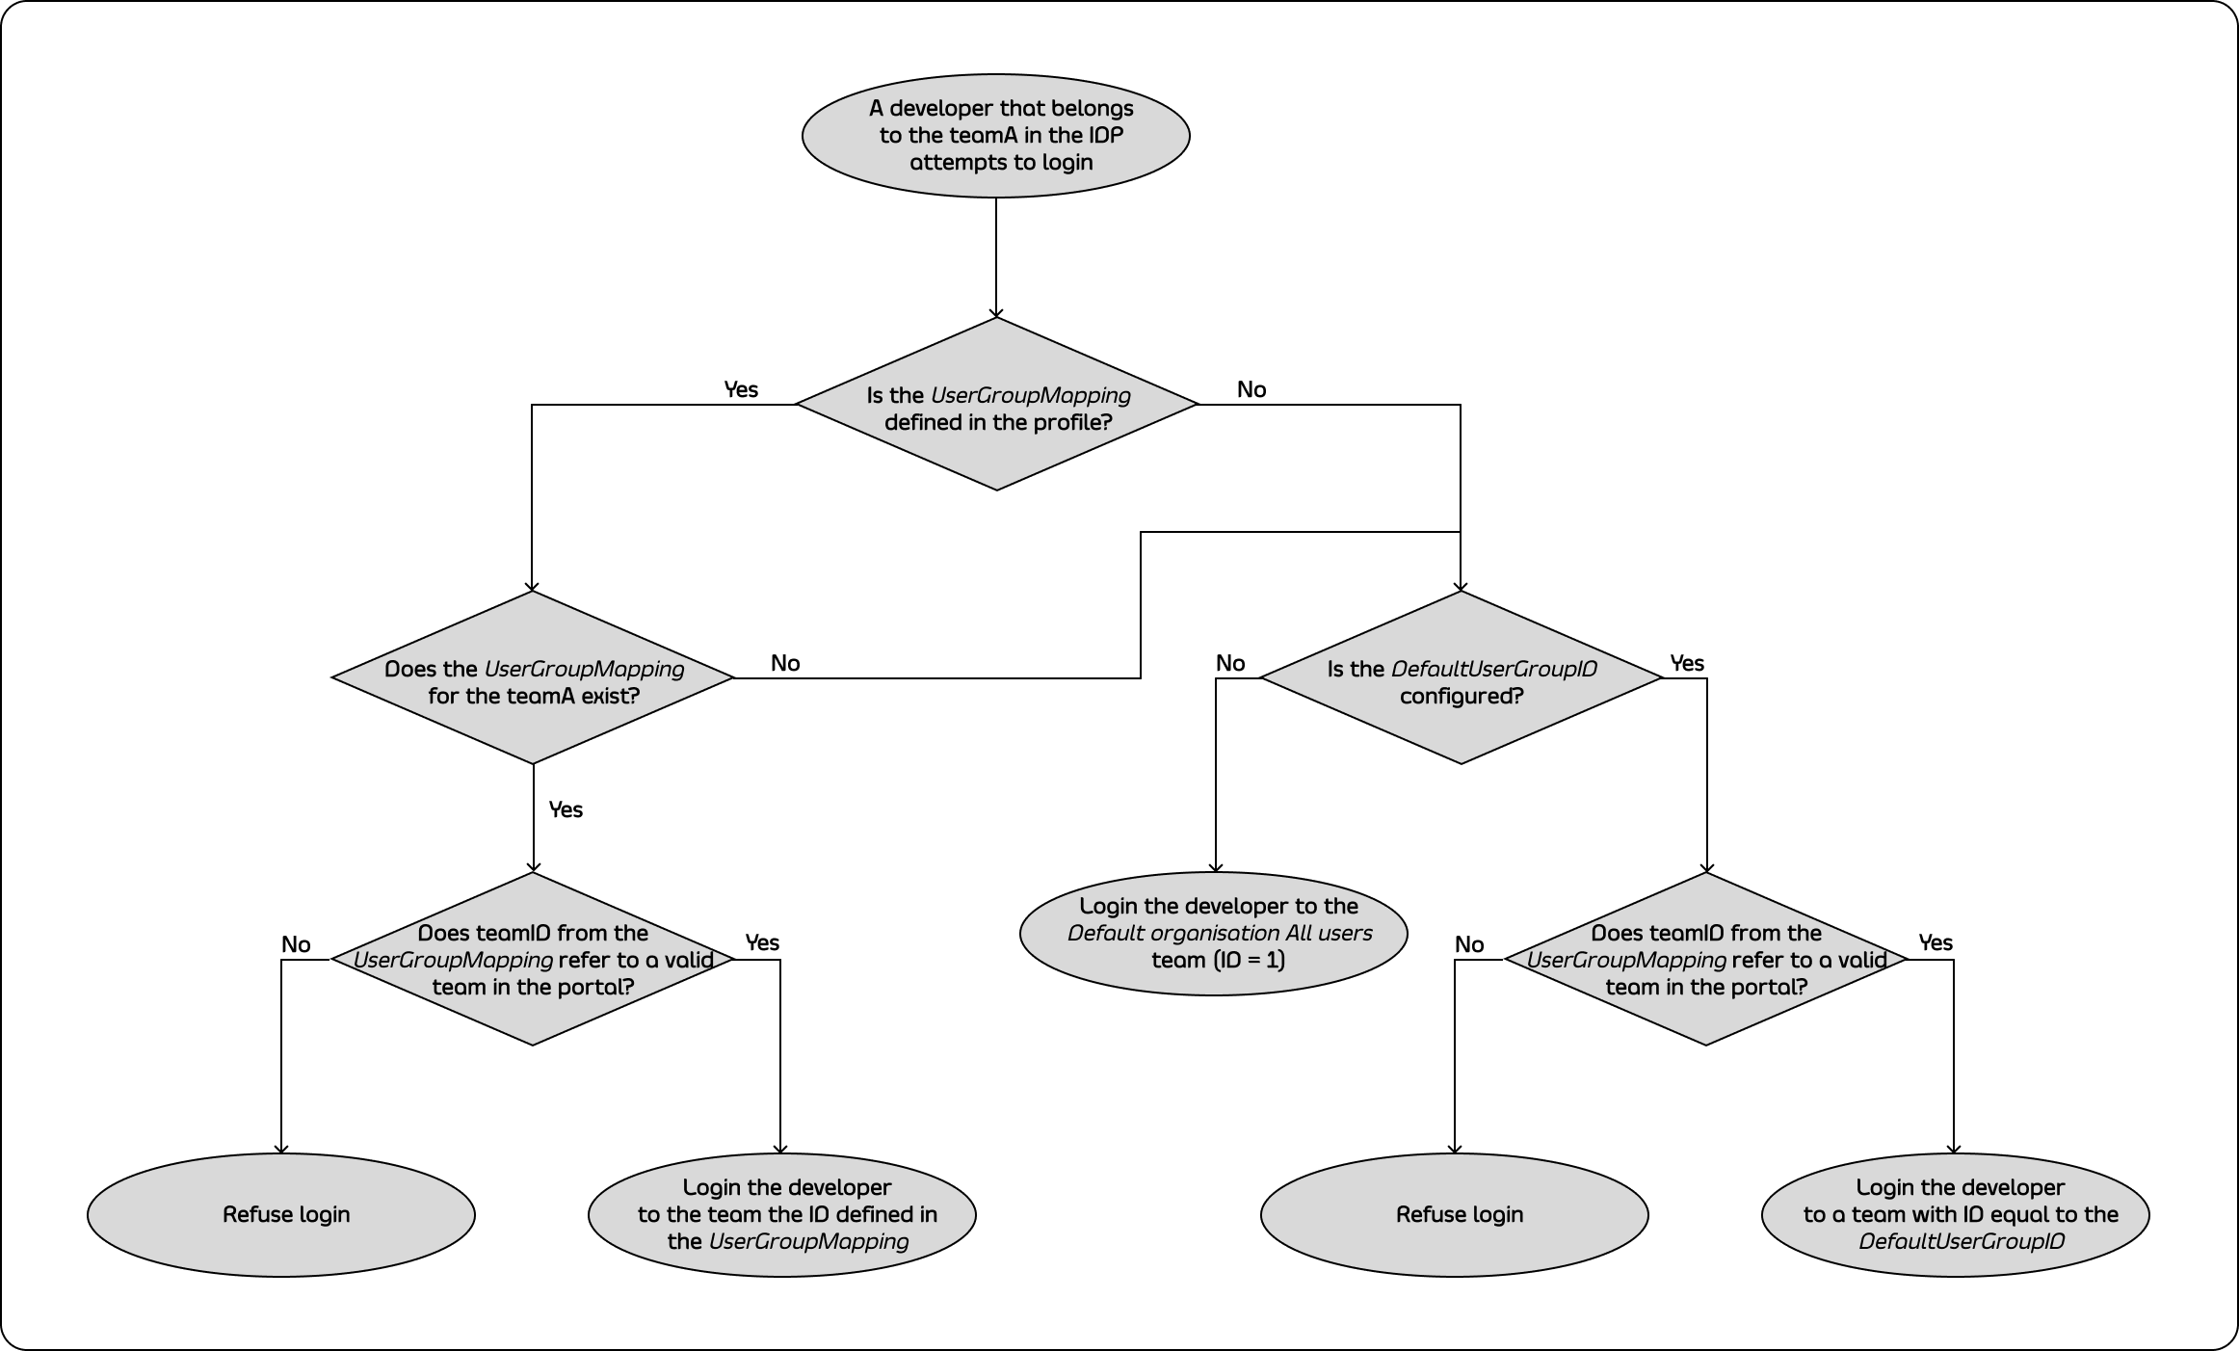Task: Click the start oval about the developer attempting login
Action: [x=996, y=136]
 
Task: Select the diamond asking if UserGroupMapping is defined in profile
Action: [x=997, y=405]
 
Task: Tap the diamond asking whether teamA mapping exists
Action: [x=533, y=677]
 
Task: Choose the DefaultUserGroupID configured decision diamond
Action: [x=1462, y=677]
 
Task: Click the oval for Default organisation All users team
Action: [x=1214, y=933]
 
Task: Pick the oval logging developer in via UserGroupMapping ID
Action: [x=782, y=1214]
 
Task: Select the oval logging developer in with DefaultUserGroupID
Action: [x=1956, y=1214]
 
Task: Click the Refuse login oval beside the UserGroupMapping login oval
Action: [x=281, y=1214]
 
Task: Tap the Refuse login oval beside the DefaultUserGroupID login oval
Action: [x=1455, y=1214]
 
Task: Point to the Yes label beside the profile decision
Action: [x=741, y=389]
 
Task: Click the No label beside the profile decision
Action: [x=1251, y=389]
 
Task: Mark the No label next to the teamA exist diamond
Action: [x=785, y=663]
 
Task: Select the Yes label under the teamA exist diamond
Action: [x=566, y=809]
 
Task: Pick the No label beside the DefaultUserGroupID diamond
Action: [x=1230, y=663]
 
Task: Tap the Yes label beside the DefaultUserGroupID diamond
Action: [x=1687, y=663]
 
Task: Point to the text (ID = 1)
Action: [x=1250, y=960]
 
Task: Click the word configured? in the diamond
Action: [x=1462, y=696]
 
